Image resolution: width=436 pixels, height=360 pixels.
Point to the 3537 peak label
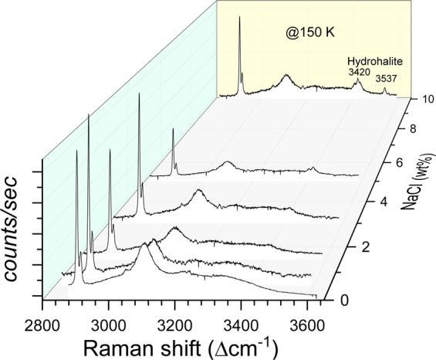tap(385, 78)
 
